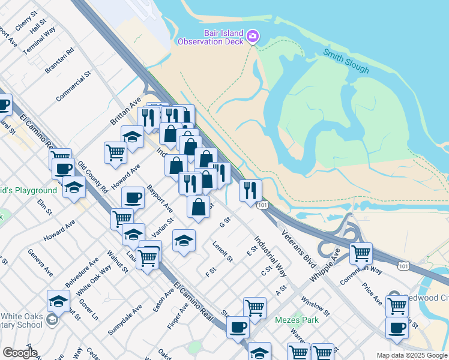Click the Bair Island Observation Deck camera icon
click(x=253, y=37)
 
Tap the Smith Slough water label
click(x=346, y=61)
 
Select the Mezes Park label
click(x=297, y=320)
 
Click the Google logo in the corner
click(x=20, y=353)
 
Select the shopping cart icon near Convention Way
click(x=361, y=253)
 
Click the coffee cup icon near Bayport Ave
click(x=133, y=197)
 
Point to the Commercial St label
click(x=73, y=86)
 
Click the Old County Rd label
click(x=92, y=176)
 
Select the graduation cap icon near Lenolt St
click(x=184, y=241)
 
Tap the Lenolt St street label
click(x=223, y=251)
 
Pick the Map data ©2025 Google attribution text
click(x=411, y=355)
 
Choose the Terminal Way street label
click(x=39, y=40)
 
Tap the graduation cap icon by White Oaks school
click(x=58, y=300)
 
